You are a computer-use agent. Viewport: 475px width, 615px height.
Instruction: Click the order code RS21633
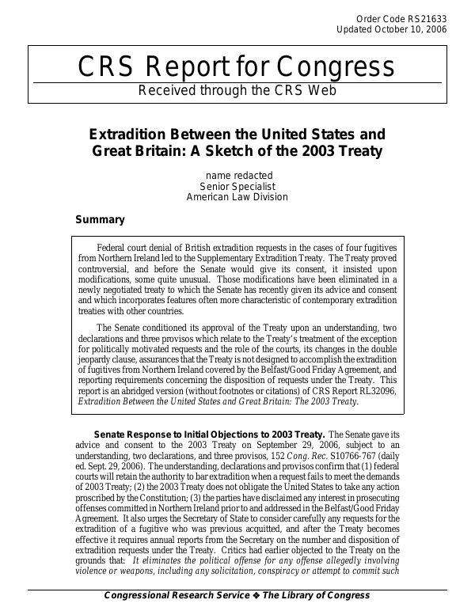tap(427, 17)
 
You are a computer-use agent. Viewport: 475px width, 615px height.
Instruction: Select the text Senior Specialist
tap(237, 186)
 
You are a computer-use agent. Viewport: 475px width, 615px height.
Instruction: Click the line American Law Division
tap(237, 197)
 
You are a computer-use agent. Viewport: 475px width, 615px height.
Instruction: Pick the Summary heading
tap(100, 219)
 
